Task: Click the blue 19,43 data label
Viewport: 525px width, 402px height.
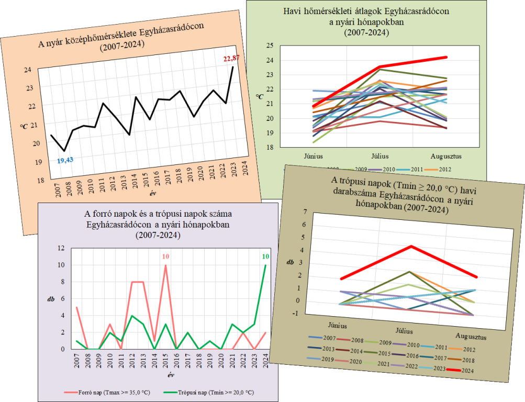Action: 66,160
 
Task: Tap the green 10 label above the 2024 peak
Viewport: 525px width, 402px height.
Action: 265,256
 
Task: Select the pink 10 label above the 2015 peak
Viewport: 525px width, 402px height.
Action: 165,256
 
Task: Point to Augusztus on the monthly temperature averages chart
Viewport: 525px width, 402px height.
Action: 446,156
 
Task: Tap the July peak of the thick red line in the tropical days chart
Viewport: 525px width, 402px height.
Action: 411,246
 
